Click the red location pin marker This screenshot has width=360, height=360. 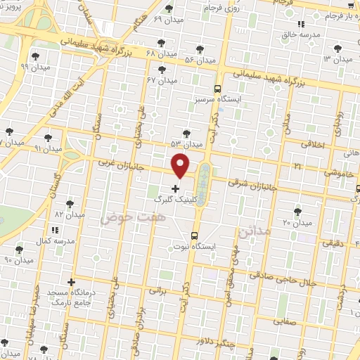(x=181, y=165)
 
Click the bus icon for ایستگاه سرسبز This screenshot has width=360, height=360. (x=217, y=89)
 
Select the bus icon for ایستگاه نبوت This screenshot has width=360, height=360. (x=195, y=236)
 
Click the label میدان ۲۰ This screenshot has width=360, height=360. (x=296, y=222)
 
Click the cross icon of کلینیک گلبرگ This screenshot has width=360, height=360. (x=175, y=188)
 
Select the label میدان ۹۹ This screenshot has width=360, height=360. (x=33, y=67)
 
